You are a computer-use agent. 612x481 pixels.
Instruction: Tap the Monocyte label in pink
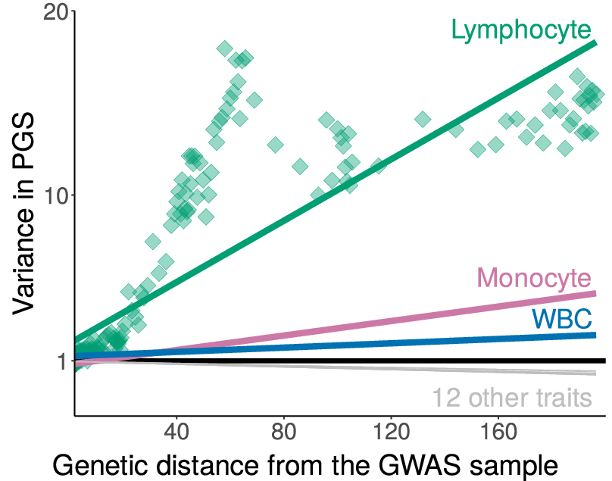click(x=534, y=278)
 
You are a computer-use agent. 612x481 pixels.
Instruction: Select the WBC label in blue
click(x=561, y=318)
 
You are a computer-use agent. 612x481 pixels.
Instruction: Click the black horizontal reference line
click(x=341, y=361)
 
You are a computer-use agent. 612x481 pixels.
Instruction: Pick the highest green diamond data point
click(x=225, y=48)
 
